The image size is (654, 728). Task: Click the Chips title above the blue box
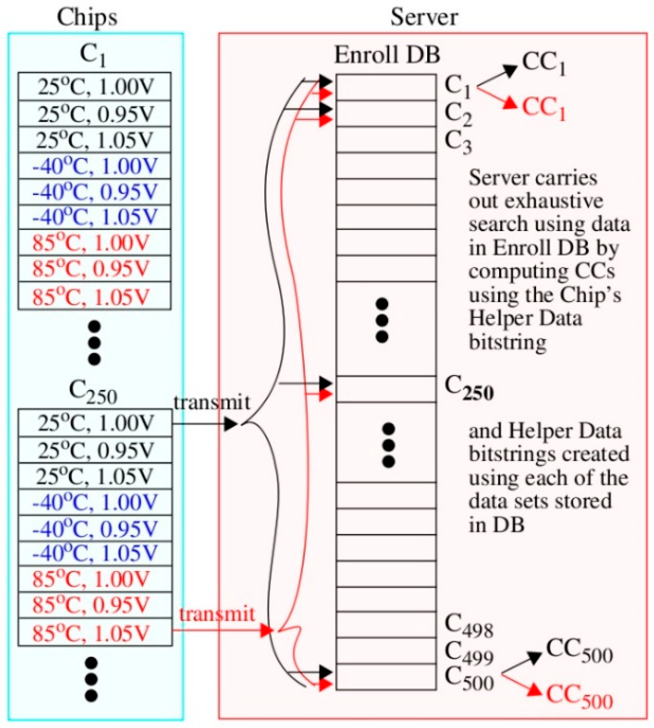pos(87,18)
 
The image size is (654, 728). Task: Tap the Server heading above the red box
pos(424,18)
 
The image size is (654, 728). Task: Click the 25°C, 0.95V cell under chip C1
pos(95,114)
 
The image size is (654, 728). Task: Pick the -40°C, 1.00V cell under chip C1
pos(95,166)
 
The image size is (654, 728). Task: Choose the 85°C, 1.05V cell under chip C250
pos(95,633)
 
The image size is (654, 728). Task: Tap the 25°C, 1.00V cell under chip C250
pos(95,423)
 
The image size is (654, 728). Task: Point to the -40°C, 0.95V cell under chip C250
pos(95,528)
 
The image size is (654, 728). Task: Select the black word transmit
pos(212,402)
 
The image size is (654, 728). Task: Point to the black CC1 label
pos(543,63)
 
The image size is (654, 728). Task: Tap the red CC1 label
pos(543,108)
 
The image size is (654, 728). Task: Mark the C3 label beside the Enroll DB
pos(458,142)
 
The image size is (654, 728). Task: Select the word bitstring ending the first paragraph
pos(507,342)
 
